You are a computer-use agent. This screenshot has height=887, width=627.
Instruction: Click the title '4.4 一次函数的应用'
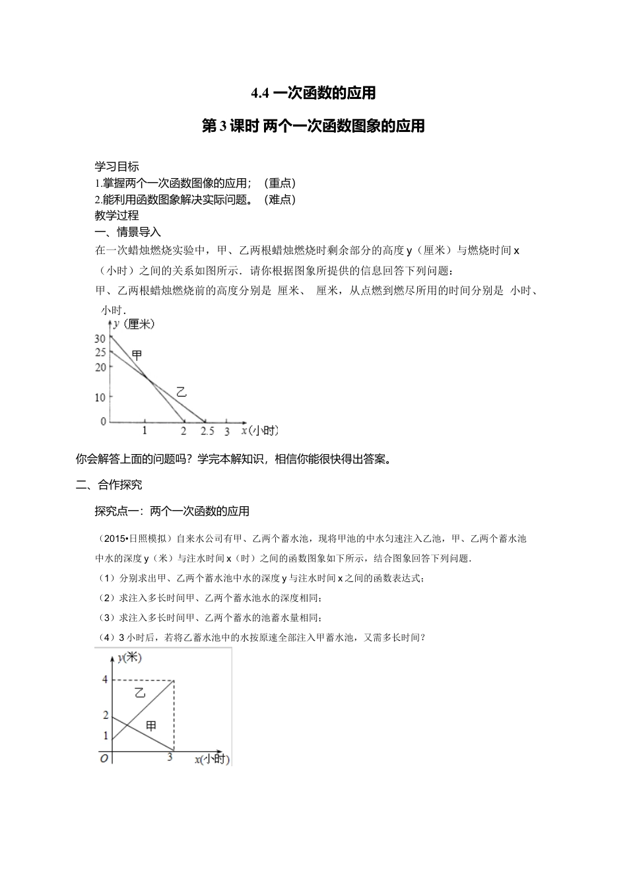[313, 93]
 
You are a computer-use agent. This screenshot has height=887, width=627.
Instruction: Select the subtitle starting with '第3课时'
[313, 125]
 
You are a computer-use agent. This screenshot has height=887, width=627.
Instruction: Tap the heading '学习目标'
[117, 167]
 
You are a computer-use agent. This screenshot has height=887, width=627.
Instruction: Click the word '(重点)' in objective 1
[279, 183]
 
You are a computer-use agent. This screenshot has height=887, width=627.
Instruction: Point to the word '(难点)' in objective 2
[279, 199]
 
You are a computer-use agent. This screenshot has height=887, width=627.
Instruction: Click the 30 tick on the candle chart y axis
[100, 339]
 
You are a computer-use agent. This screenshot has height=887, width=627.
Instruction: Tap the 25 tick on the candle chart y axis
[100, 352]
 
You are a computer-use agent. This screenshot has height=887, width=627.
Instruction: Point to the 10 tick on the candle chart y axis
[100, 397]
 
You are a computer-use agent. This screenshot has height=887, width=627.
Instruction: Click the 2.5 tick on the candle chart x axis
[207, 432]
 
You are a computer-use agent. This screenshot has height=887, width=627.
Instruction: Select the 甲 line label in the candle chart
[137, 355]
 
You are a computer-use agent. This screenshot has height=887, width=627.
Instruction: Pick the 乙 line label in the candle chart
[181, 391]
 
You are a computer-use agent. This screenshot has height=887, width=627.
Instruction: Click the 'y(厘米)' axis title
[133, 323]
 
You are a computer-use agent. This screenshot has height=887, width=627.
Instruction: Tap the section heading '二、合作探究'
[109, 484]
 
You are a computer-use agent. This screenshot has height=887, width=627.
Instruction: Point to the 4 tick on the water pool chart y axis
[105, 679]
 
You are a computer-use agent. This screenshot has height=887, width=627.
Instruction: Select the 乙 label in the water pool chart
[140, 693]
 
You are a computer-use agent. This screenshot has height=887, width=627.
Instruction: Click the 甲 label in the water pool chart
[151, 726]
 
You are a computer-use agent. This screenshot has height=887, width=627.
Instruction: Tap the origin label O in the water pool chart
[104, 758]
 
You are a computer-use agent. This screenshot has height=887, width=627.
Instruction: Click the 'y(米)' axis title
[129, 657]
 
